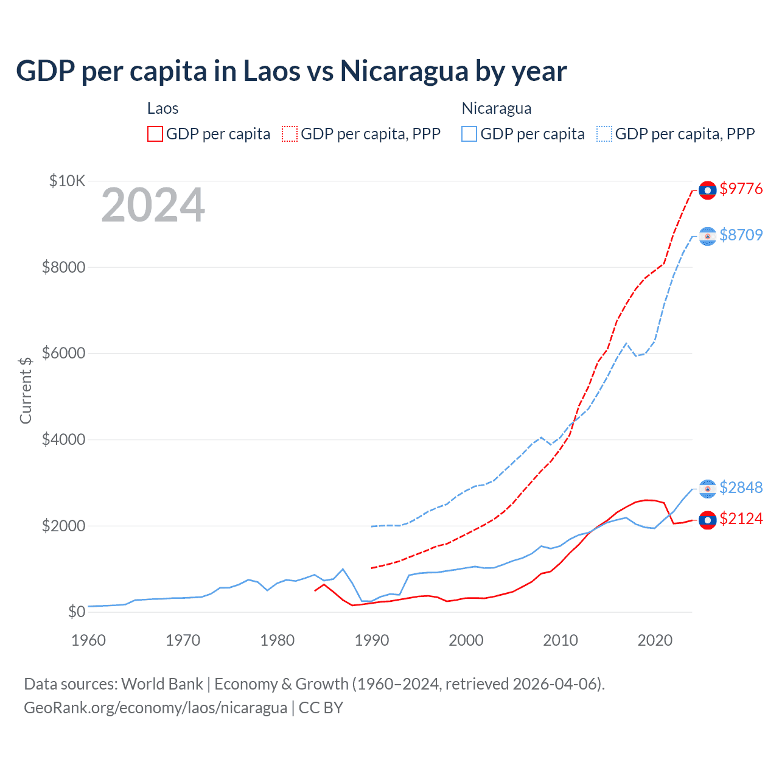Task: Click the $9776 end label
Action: point(741,189)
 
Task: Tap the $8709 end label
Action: point(741,235)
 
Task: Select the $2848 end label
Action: point(741,487)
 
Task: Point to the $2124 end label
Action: point(741,519)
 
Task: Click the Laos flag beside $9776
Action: point(707,190)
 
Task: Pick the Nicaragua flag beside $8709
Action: point(707,236)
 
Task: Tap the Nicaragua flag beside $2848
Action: point(707,489)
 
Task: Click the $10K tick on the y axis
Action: point(68,181)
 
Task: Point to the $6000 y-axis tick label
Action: point(63,354)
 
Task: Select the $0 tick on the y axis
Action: point(76,612)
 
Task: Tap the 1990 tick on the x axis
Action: point(372,640)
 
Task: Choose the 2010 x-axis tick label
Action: point(561,640)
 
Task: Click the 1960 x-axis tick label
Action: point(89,640)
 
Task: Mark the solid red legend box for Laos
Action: point(155,134)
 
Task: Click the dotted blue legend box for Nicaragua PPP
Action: point(604,134)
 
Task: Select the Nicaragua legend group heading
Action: point(497,108)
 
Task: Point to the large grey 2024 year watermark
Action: point(153,205)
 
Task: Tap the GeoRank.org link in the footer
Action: point(155,708)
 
